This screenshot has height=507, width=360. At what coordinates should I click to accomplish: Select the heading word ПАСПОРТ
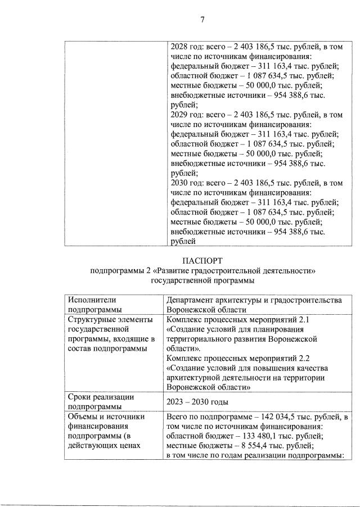(202, 261)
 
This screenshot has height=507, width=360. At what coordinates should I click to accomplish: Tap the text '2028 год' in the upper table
(184, 49)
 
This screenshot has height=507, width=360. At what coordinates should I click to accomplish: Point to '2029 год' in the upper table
(184, 115)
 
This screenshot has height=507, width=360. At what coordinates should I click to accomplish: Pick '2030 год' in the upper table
(184, 183)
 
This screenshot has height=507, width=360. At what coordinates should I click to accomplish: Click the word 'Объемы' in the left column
(81, 417)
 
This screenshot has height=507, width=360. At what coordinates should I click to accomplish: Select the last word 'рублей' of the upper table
(183, 241)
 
